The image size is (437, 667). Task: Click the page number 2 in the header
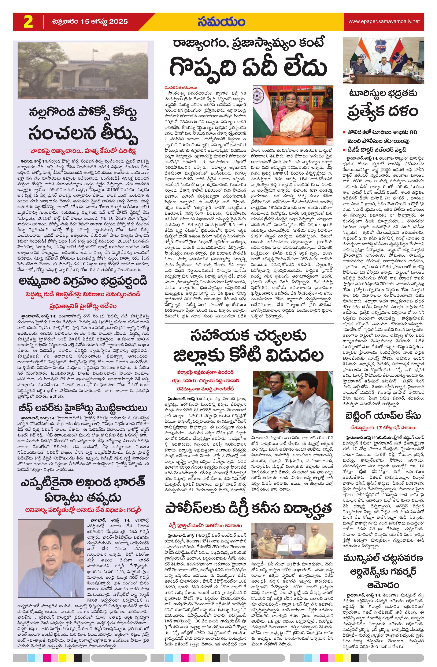(x=28, y=22)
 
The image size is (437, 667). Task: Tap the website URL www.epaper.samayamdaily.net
(x=384, y=21)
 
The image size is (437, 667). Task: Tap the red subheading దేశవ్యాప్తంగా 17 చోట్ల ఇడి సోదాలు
(x=383, y=427)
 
